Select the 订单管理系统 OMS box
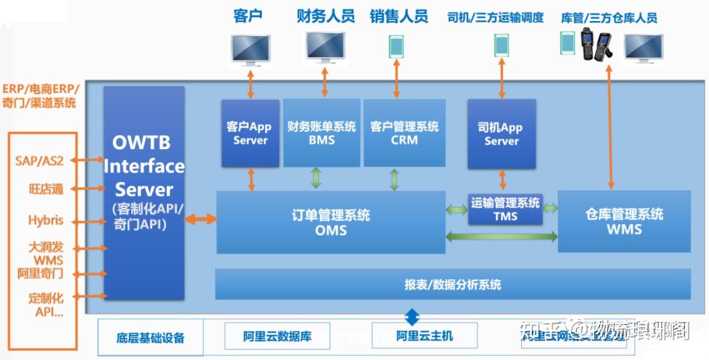tap(331, 222)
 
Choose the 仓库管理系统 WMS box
tap(624, 221)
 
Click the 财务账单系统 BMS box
tap(322, 133)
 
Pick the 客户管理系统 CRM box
tap(404, 133)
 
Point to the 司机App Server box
tap(502, 134)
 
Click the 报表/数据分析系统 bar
tap(453, 284)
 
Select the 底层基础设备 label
tap(151, 338)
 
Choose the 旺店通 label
tap(46, 189)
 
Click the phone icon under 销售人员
tap(396, 47)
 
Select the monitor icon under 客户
tap(250, 50)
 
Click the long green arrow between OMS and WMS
tap(501, 236)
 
